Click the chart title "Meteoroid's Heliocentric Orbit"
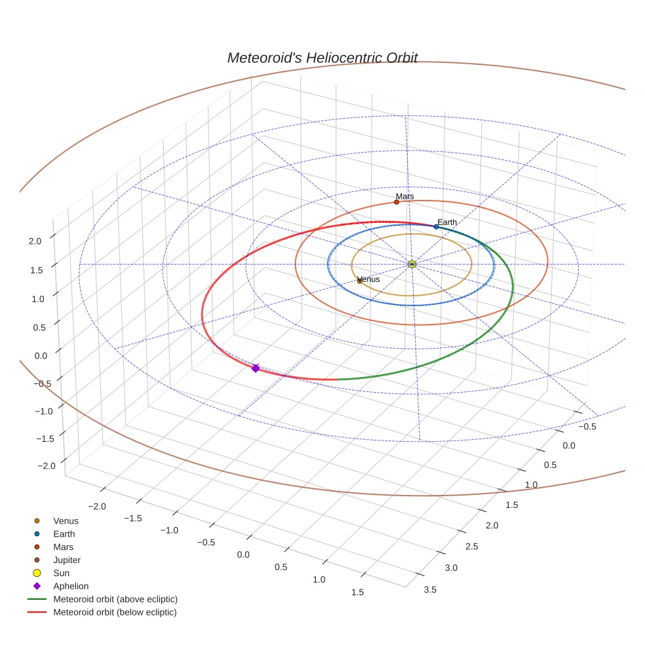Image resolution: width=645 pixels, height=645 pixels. (322, 58)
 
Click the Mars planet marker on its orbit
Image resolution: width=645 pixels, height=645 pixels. (397, 202)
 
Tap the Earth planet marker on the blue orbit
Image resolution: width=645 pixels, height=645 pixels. (436, 227)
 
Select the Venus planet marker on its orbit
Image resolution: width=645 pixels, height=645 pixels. (359, 281)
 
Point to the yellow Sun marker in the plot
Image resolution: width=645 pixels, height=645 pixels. (412, 264)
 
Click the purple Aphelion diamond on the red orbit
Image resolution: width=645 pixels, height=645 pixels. (256, 368)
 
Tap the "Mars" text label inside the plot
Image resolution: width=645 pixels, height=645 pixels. (405, 196)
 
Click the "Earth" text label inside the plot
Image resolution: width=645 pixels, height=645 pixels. (447, 222)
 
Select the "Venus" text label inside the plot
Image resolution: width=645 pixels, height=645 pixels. (369, 279)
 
